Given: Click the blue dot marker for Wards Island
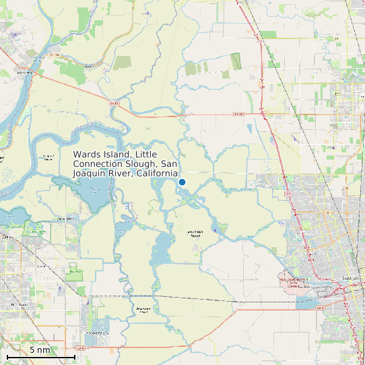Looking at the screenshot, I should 182,182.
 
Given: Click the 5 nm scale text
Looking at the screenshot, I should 40,350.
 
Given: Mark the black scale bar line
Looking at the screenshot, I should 40,356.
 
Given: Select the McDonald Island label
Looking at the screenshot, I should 193,234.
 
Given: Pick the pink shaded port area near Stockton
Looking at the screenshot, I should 294,282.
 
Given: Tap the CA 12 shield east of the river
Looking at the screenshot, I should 237,114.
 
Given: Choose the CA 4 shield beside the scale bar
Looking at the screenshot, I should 80,348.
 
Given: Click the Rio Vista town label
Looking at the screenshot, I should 24,71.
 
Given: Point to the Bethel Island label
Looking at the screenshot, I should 66,219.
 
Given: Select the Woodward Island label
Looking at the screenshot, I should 142,310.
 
